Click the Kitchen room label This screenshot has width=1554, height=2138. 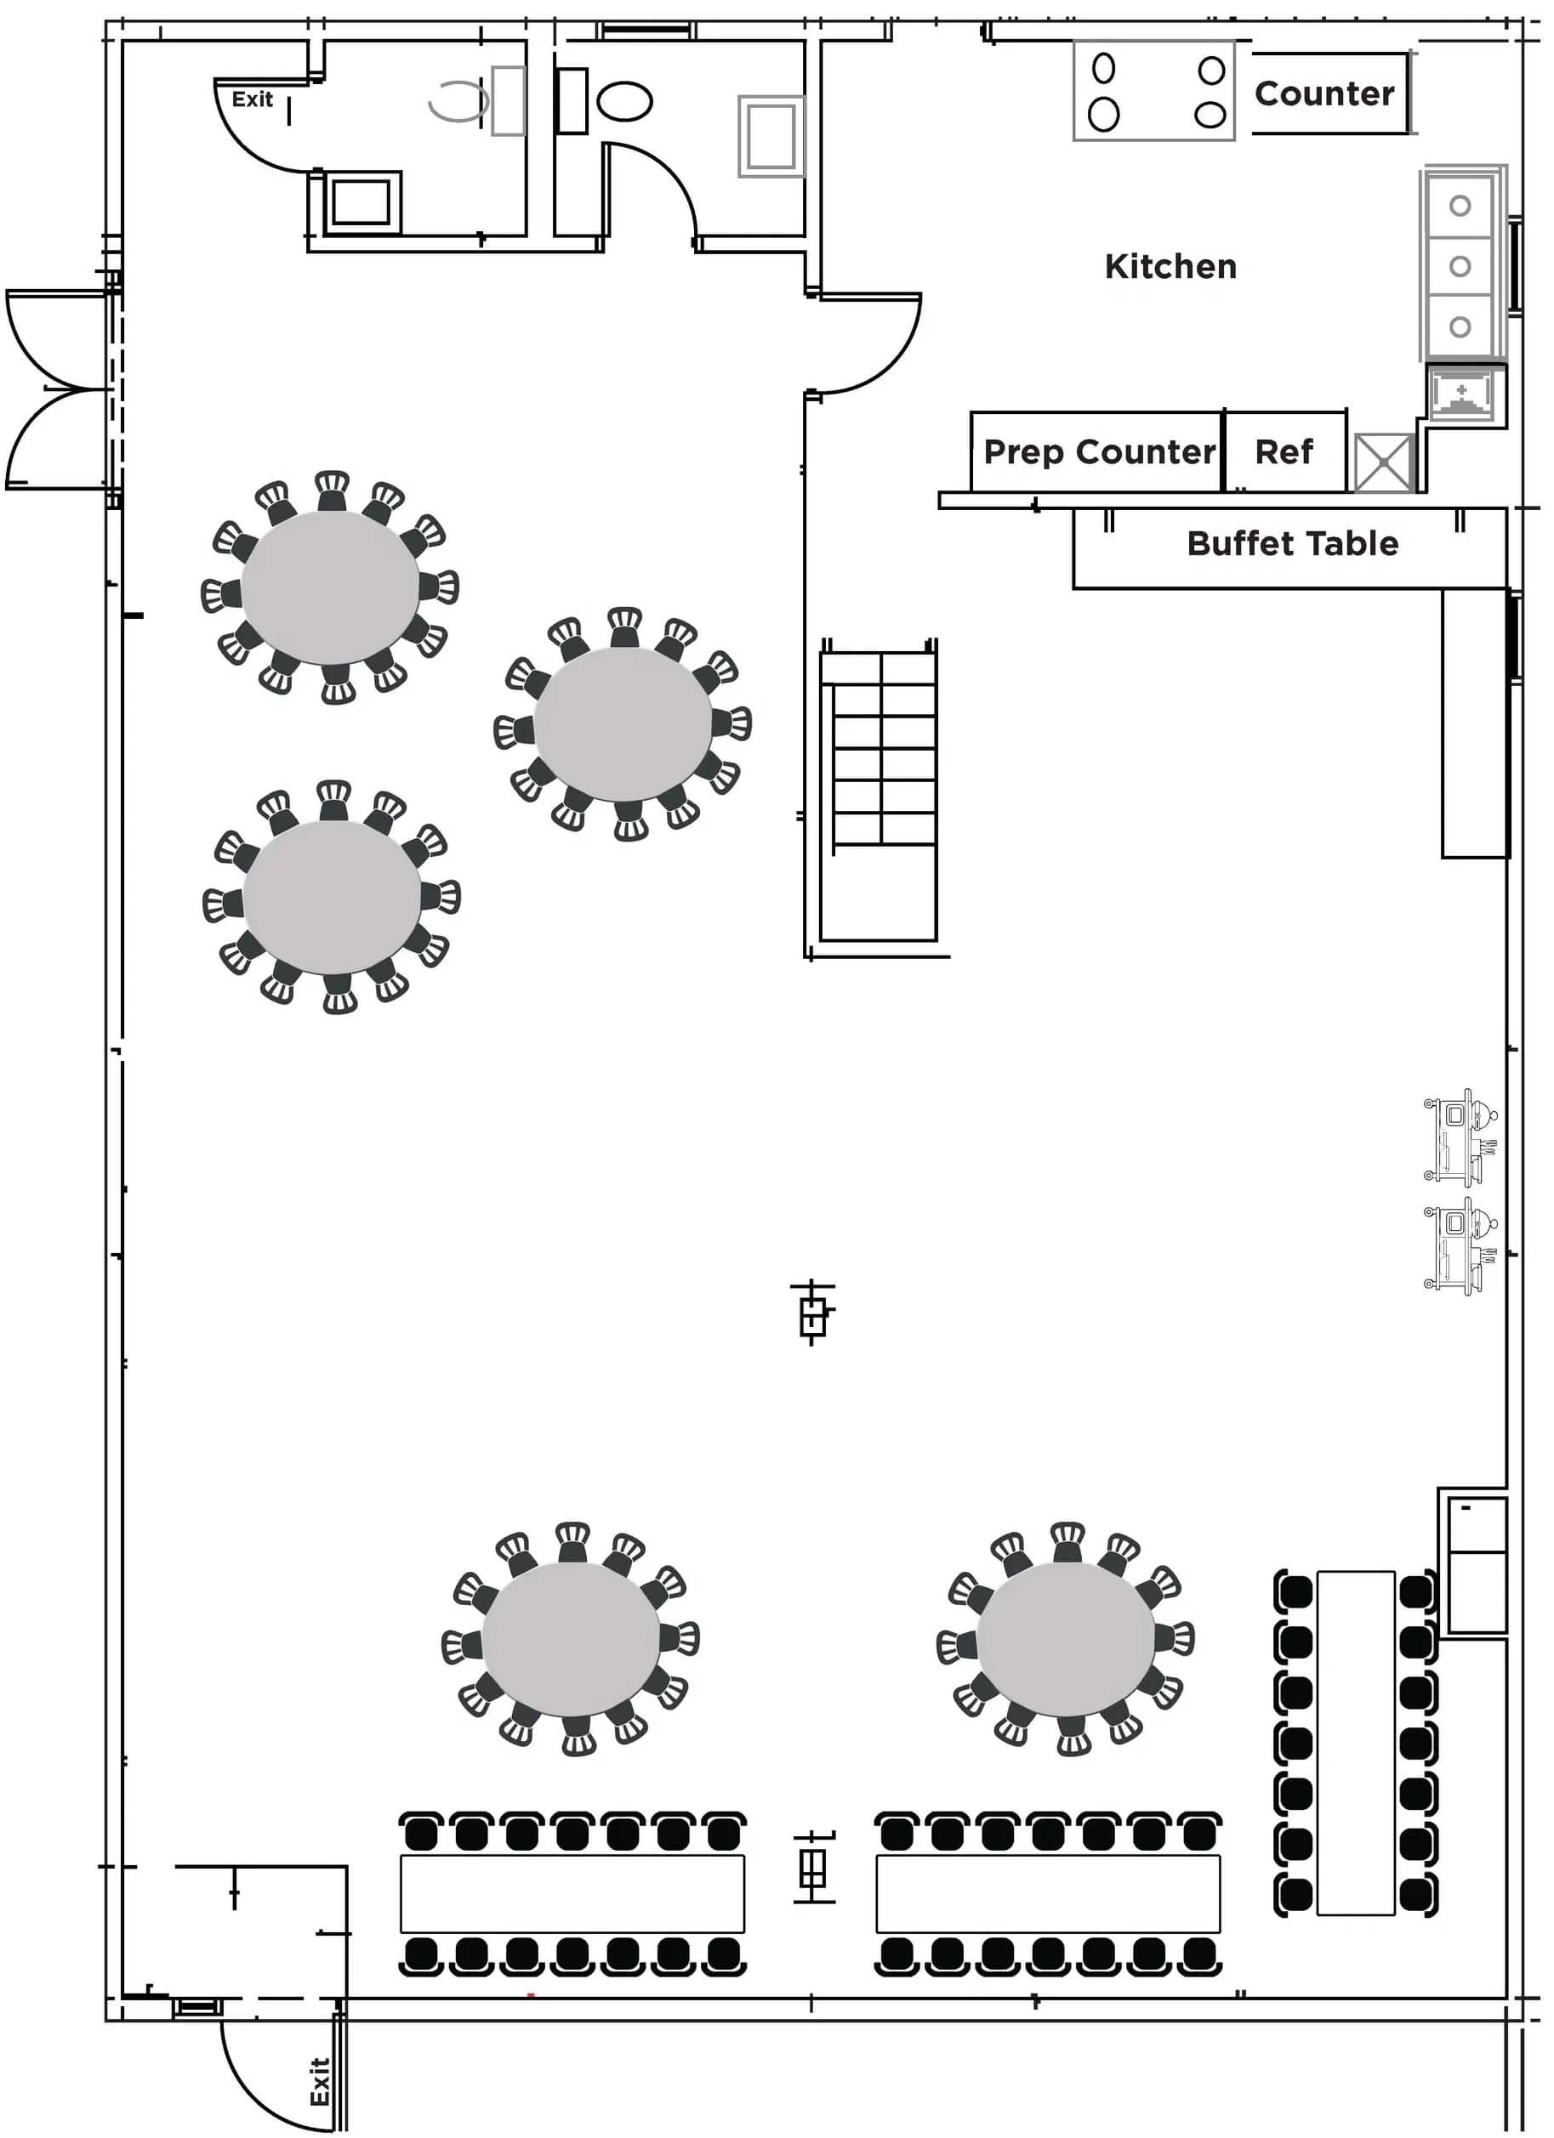click(1170, 267)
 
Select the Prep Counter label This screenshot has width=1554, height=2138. click(1100, 452)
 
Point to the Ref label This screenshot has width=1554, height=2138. click(1284, 452)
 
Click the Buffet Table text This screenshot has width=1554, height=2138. click(1292, 544)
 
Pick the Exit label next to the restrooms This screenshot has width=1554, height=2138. click(252, 99)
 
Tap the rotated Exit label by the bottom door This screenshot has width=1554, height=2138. click(320, 2081)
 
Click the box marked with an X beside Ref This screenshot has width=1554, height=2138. click(1384, 462)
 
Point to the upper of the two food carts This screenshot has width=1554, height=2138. click(1460, 1135)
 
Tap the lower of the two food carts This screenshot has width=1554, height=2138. click(1460, 1245)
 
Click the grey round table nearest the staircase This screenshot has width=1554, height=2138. click(623, 723)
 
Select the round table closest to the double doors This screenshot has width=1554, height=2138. click(330, 587)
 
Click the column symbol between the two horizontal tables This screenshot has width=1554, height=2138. click(813, 1868)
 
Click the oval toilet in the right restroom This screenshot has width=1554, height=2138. click(624, 101)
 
